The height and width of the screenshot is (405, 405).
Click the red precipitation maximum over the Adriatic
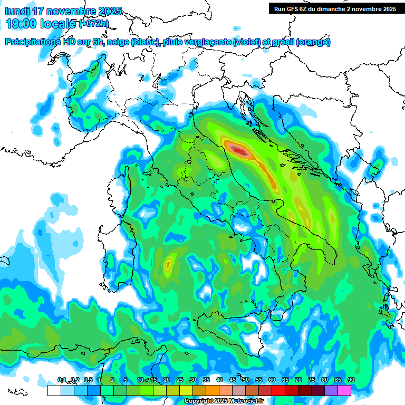coord(240,151)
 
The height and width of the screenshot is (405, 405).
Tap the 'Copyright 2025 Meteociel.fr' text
coord(223,401)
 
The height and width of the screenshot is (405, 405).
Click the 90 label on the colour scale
coord(351,380)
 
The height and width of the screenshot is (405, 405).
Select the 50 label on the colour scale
coord(246,380)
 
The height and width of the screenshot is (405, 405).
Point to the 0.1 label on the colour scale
coord(62,380)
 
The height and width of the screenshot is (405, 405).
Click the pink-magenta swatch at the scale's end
coord(344,390)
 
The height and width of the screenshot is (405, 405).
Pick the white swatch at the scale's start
coord(54,390)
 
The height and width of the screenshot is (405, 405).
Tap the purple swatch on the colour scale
coord(331,390)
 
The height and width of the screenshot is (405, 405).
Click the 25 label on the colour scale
coord(179,380)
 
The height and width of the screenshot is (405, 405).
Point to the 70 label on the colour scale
coord(298,380)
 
